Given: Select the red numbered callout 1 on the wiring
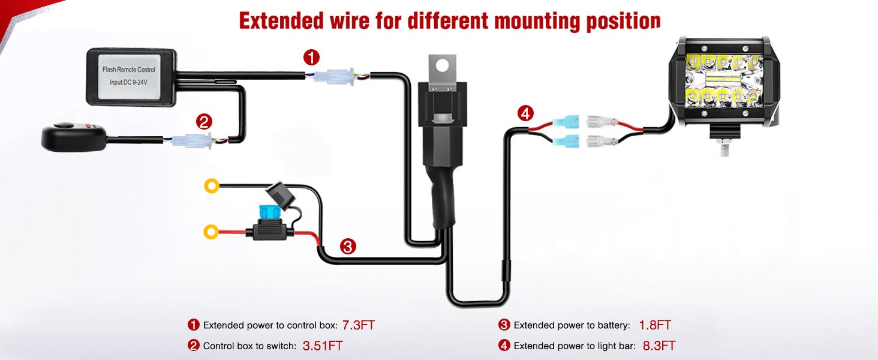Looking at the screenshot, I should (x=311, y=58).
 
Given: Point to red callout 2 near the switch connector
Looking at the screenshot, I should (x=205, y=122).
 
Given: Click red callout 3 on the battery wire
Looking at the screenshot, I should (x=348, y=246).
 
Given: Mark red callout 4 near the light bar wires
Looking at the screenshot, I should (x=525, y=113).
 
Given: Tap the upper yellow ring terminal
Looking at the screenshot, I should (x=211, y=186).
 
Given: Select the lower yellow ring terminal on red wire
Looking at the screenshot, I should (x=211, y=230).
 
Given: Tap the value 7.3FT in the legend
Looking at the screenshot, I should (x=358, y=326).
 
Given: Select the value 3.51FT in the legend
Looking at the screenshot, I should (x=323, y=346).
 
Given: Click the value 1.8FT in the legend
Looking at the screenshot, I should (x=655, y=326).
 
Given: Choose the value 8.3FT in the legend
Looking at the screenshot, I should (x=659, y=346).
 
